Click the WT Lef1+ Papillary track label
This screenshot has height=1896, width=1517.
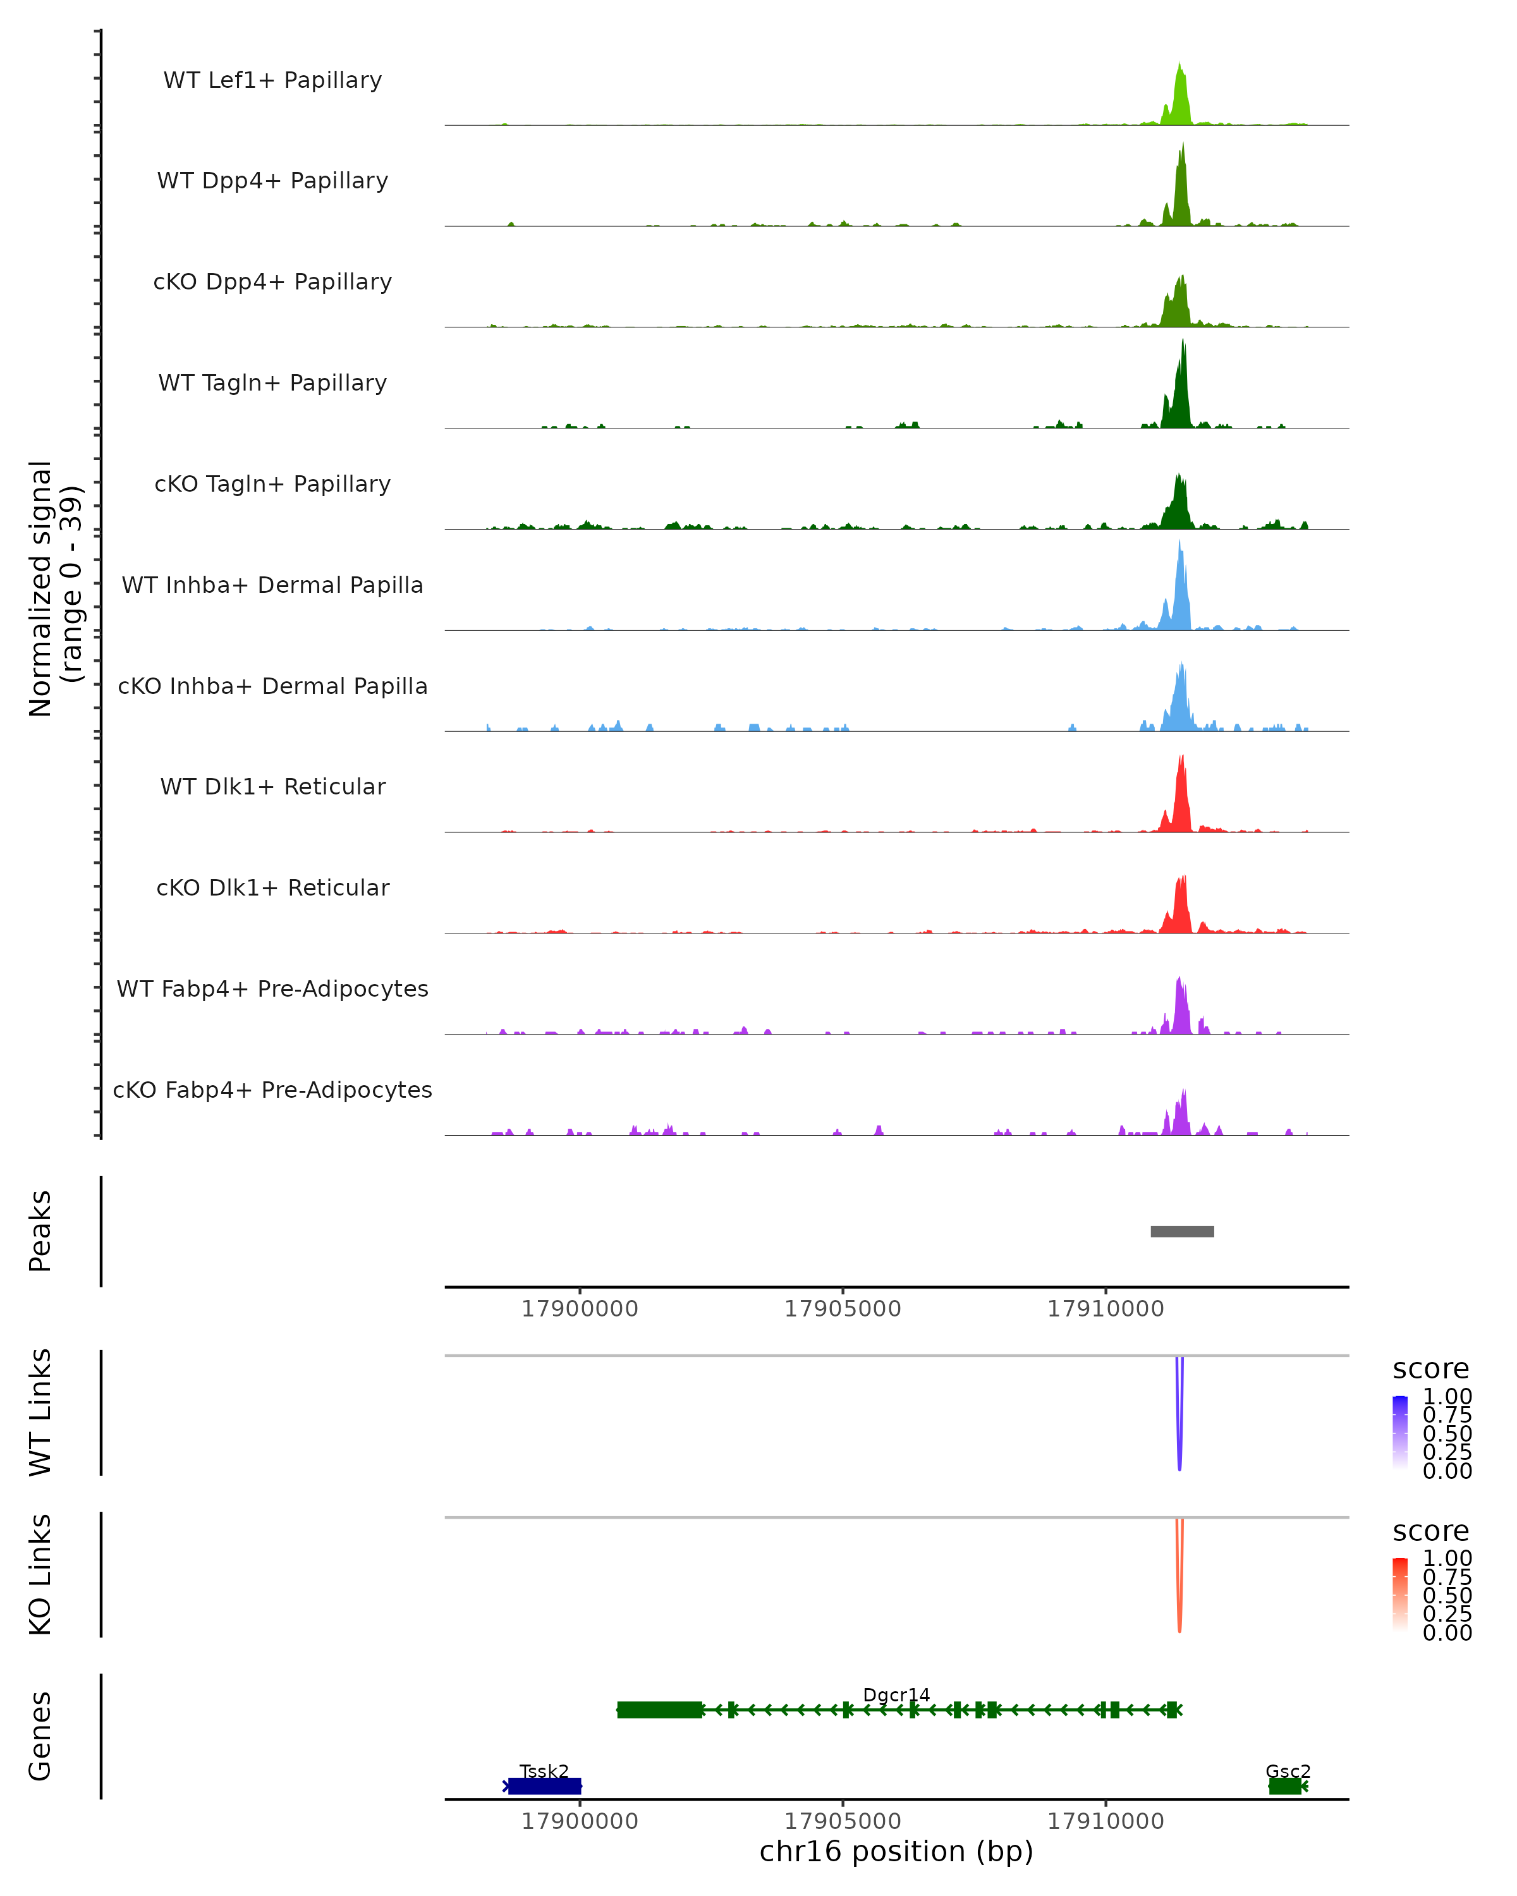click(272, 80)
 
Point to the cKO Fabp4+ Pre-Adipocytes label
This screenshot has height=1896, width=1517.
click(272, 1090)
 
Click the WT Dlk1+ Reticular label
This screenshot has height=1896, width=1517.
click(272, 786)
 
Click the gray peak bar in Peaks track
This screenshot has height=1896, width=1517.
click(1182, 1231)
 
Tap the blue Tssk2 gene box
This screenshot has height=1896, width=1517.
click(544, 1785)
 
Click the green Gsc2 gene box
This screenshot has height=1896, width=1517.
click(1285, 1785)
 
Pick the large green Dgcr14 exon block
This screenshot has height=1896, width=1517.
click(659, 1710)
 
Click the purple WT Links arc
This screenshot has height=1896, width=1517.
click(1179, 1425)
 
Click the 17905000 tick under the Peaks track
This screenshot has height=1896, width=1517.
click(843, 1309)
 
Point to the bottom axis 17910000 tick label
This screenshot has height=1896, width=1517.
click(1106, 1821)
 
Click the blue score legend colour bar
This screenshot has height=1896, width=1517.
click(1400, 1431)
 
